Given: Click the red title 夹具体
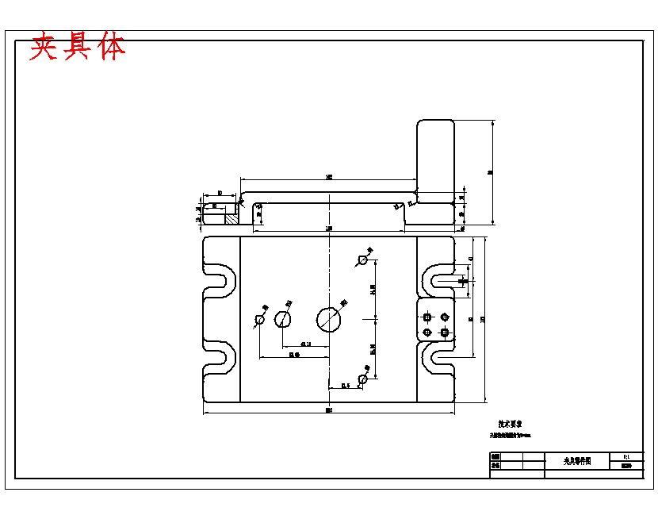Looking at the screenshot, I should point(78,48).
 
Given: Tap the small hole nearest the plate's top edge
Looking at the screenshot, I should point(364,259).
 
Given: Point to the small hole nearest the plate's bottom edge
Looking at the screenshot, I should point(362,380).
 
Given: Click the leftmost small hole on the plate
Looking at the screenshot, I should point(259,320).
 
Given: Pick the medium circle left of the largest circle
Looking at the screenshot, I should point(283,319).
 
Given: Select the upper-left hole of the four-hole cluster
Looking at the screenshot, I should point(427,316).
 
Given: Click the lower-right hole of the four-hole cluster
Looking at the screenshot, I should point(444,331).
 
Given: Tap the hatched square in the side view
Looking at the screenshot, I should point(232,215).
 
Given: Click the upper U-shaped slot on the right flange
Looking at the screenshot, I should point(438,280).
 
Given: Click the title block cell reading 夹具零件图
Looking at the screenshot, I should point(578,461).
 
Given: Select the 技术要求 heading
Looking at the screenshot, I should point(510,425).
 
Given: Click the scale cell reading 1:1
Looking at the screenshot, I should point(626,457).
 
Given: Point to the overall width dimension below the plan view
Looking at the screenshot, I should point(329,410).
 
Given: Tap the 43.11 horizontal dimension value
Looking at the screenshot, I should point(305,344).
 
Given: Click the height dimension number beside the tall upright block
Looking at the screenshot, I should point(491,171).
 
